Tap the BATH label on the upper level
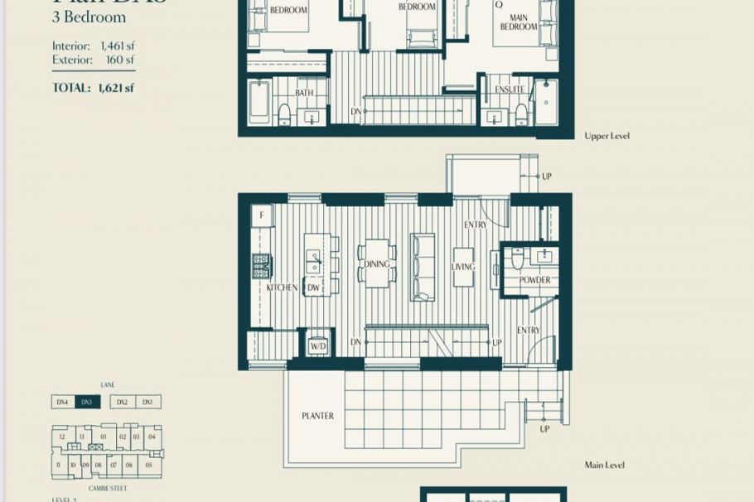pos(304,93)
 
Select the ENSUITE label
pos(509,89)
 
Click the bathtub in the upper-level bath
pos(259,102)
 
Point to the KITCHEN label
pos(282,287)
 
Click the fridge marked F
pos(262,215)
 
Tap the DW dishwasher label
pos(313,287)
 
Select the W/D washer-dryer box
pos(317,344)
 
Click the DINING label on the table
pos(377,265)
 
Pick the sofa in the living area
pos(423,267)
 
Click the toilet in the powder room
pos(518,259)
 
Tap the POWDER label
pos(534,280)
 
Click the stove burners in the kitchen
pos(261,266)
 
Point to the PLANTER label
pos(318,416)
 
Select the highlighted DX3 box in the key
pos(87,402)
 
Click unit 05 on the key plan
pos(148,466)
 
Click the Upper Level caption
pos(607,135)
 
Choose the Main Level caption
pos(604,466)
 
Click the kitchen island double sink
pos(313,262)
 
